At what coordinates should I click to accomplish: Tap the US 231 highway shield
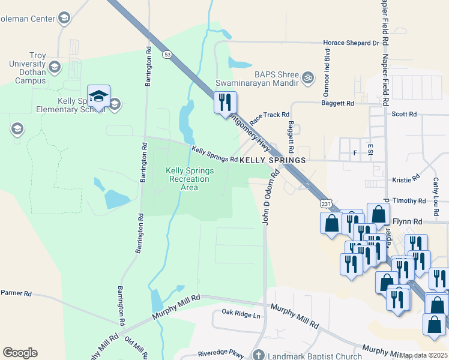pos(324,204)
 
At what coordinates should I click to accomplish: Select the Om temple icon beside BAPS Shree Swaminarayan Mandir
pos(308,77)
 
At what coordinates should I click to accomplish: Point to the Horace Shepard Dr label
pos(351,43)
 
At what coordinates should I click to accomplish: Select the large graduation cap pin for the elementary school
pos(98,97)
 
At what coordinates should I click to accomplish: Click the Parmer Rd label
pos(16,293)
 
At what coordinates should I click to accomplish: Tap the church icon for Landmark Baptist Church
pos(258,355)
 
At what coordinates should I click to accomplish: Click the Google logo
pos(20,353)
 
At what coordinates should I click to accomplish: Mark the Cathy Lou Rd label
pos(436,188)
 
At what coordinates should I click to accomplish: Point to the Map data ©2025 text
pos(424,355)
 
